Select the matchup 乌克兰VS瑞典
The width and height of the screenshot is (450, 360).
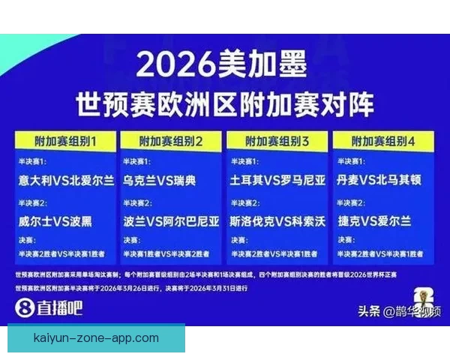click(x=159, y=181)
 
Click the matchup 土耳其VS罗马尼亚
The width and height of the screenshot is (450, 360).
click(x=277, y=181)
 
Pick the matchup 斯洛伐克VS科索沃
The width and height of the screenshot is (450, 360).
click(x=277, y=221)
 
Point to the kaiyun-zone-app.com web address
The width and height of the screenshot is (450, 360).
click(x=96, y=338)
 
